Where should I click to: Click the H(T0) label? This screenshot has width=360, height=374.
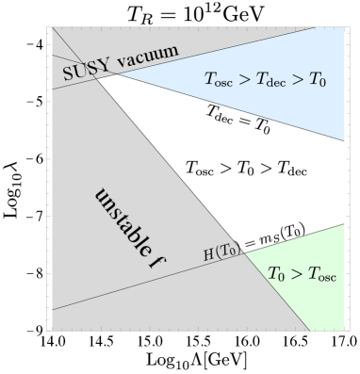tap(222, 252)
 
